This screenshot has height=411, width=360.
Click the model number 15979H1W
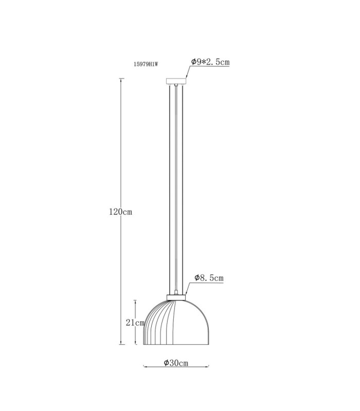coord(146,64)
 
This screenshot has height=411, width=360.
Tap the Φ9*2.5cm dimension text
coord(210,62)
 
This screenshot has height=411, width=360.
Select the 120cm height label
coord(120,212)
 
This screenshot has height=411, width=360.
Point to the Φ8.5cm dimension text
coord(209,278)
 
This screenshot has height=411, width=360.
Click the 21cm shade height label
coord(135,323)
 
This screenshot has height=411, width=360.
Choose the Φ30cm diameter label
coord(176,363)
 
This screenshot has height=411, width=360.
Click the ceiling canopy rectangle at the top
coord(176,81)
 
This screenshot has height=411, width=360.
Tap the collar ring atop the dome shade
coord(176,297)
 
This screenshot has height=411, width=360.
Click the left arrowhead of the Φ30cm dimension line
coord(145,366)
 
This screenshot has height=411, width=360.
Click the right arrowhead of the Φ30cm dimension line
coord(208,366)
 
